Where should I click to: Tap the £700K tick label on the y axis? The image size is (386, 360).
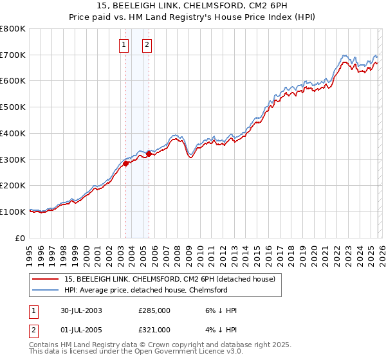click(x=13, y=55)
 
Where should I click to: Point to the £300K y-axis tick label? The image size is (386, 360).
click(x=13, y=159)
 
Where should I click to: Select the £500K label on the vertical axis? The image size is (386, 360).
click(x=13, y=107)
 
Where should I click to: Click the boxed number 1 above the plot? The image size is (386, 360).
click(x=124, y=44)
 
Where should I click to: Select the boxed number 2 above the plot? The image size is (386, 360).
click(x=147, y=44)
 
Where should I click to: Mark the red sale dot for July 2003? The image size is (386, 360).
click(x=126, y=163)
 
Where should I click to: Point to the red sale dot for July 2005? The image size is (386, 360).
click(x=149, y=154)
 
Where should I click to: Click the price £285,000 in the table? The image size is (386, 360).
click(x=154, y=310)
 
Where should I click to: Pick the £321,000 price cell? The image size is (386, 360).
click(x=154, y=329)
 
